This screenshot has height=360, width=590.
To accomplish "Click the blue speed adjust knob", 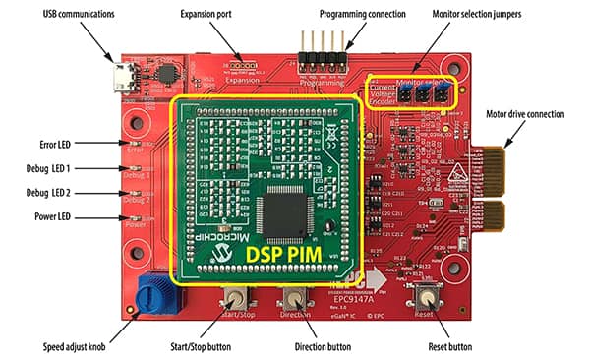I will coord(155,292).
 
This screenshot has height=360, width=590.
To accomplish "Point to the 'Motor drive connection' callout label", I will coord(537,114).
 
